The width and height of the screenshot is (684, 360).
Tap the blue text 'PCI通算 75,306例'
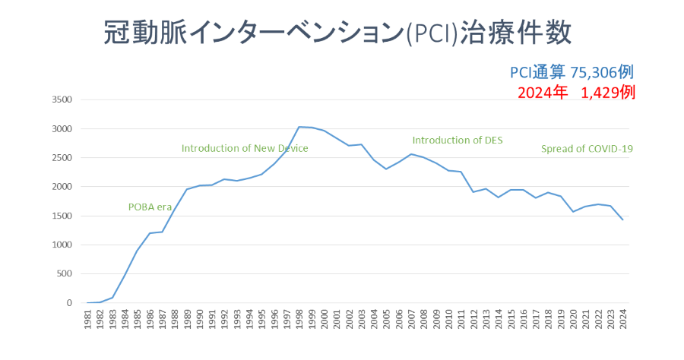pos(572,72)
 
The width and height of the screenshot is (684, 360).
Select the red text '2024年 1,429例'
pos(575,93)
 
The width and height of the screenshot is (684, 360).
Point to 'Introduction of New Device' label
pos(245,148)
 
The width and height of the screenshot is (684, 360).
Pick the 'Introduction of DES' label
pos(458,140)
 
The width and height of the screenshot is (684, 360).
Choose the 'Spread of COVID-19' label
pos(587,149)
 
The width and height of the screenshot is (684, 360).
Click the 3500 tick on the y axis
pos(61,99)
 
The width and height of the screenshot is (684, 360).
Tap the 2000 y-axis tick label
pos(61,187)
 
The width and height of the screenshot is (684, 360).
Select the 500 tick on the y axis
pos(63,274)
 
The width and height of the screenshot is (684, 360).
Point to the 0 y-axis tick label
pos(68,303)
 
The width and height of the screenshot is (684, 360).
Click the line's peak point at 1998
pos(299,127)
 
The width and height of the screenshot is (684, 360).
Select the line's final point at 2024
pos(623,219)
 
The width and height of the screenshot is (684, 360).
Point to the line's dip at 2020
pos(573,211)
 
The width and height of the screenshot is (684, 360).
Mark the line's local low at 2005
pos(387,169)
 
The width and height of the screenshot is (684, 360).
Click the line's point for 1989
pos(188,189)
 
